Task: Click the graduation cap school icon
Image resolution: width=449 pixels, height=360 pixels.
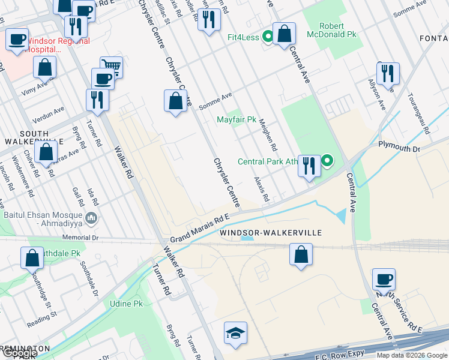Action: coord(235,333)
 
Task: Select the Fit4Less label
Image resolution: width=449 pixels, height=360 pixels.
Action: coord(243,37)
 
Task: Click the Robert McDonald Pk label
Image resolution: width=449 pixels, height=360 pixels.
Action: coord(331,30)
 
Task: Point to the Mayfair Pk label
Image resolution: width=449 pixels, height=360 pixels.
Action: coord(237,119)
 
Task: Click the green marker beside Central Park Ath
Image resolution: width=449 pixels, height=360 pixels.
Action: coord(327,161)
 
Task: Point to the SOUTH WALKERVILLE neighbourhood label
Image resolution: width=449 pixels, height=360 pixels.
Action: coord(34,137)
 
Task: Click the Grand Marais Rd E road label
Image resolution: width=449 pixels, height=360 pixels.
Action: coord(200,230)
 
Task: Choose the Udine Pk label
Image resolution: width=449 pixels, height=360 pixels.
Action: coord(126,304)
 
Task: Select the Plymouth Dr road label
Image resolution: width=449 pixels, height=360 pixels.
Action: coord(398,145)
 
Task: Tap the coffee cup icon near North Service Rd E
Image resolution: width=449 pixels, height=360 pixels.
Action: coord(384,279)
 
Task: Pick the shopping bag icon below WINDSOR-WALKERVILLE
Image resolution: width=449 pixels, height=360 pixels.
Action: coord(301,254)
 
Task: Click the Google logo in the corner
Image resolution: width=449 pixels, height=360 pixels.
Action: coord(19,353)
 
